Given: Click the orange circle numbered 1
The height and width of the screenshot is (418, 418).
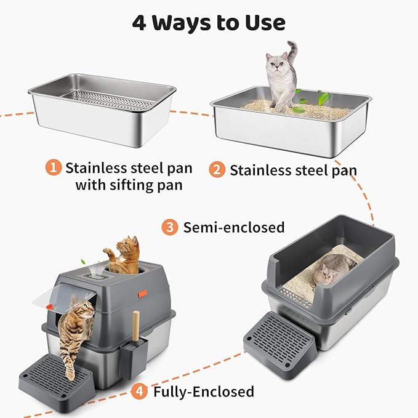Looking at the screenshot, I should tap(54, 167).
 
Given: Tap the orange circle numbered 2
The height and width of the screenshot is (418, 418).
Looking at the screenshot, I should tap(216, 169).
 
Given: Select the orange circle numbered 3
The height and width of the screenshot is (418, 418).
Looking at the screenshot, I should tap(170, 227).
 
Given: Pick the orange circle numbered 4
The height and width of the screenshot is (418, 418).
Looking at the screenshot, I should tap(140, 390).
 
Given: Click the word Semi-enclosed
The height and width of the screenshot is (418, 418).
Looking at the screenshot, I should tap(234, 227).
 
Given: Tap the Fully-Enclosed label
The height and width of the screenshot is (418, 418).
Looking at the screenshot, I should tap(203, 391).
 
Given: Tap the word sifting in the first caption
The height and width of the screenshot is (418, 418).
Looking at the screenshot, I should tap(128, 185).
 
